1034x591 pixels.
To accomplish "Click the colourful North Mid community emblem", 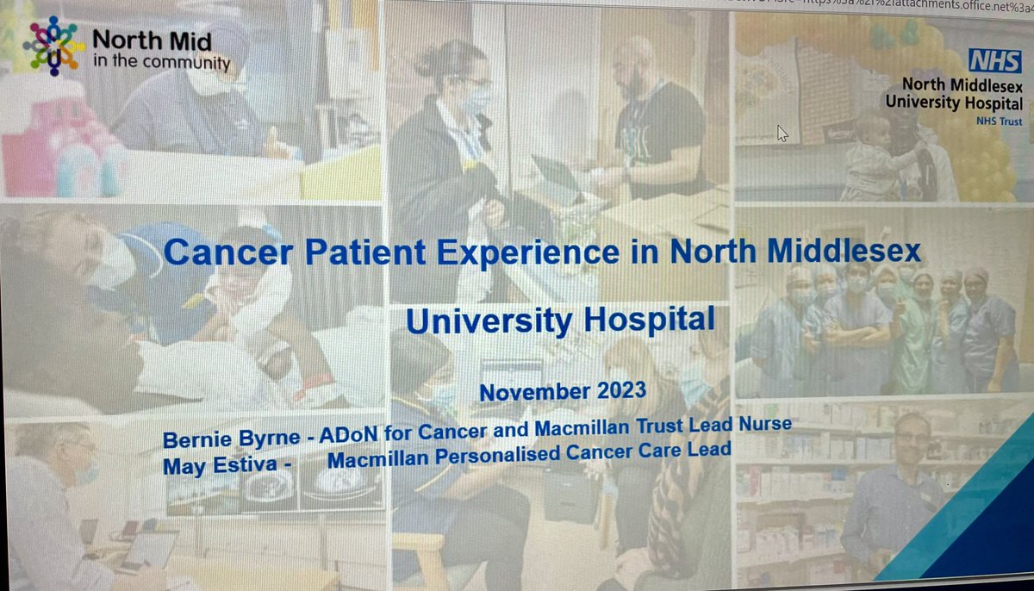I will (x=53, y=45).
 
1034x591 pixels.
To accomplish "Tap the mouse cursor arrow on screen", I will (x=782, y=133).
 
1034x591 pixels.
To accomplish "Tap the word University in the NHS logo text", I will (x=919, y=103).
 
